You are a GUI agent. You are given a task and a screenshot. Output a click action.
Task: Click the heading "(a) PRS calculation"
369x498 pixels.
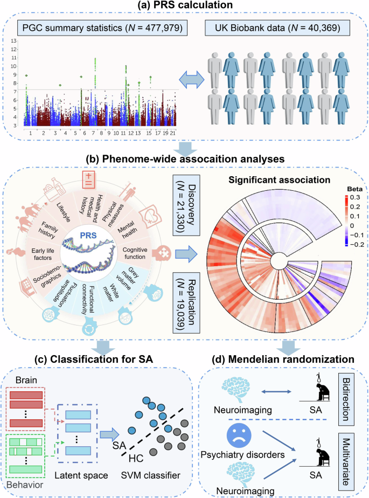point(185,8)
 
